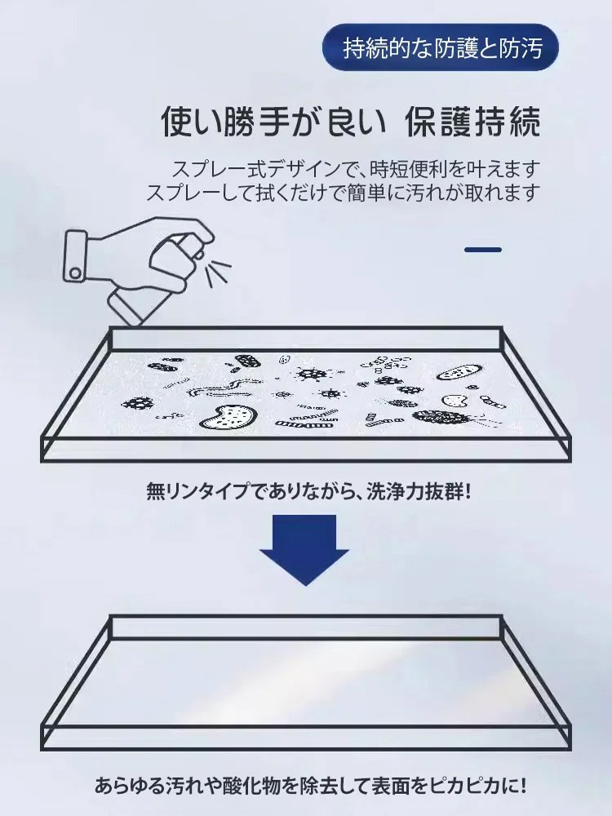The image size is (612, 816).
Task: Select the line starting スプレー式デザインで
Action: pyautogui.click(x=356, y=170)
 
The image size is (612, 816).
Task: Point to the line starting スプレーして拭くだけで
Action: pyautogui.click(x=344, y=193)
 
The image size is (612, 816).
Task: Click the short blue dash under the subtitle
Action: pyautogui.click(x=482, y=250)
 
